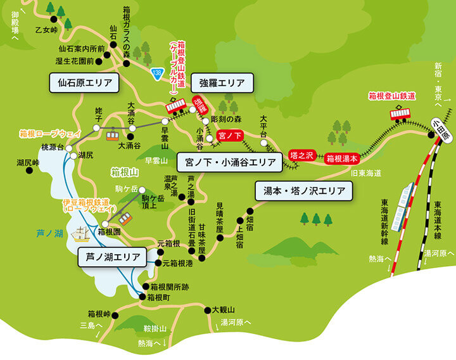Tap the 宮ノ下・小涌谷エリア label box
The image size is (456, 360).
pos(229,162)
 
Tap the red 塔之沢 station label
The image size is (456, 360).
pos(301,154)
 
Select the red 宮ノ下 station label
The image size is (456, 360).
pos(229,135)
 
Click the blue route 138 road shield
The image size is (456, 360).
pos(156,74)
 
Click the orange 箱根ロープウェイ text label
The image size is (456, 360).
pos(50,134)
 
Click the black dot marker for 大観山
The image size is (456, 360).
pos(206,310)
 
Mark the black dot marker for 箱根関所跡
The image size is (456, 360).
pos(145,286)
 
